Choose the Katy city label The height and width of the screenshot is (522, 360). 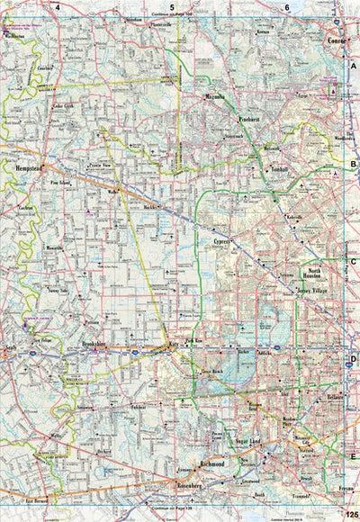click(x=168, y=345)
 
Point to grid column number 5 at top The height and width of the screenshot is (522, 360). click(x=172, y=6)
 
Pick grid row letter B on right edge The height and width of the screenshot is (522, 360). click(x=353, y=164)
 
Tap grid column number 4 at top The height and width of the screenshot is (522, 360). click(x=57, y=6)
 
